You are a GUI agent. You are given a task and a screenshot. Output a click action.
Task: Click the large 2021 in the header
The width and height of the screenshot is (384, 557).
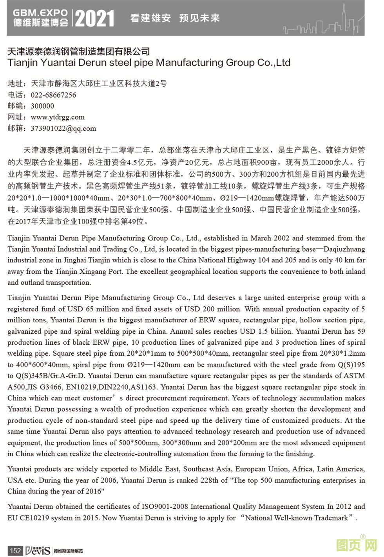(x=94, y=18)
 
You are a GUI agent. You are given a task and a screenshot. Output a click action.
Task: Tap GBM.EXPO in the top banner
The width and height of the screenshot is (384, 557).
(x=40, y=13)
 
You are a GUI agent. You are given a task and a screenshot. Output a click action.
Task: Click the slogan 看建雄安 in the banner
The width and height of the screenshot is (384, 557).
(x=150, y=18)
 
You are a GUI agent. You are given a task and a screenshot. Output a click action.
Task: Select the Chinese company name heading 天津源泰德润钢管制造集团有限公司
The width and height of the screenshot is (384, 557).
(x=79, y=51)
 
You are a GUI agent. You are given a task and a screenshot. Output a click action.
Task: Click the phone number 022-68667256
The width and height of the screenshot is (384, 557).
(x=53, y=95)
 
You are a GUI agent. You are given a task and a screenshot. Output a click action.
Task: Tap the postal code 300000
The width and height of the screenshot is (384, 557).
(x=42, y=106)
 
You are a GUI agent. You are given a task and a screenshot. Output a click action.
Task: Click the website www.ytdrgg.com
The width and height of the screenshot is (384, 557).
(x=58, y=117)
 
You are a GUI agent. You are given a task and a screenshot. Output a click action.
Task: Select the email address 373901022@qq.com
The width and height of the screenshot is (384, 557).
(x=63, y=128)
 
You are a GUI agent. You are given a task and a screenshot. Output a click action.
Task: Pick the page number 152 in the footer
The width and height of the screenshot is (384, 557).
(x=15, y=550)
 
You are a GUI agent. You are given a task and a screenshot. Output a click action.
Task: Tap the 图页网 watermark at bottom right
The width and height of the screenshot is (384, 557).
(x=356, y=545)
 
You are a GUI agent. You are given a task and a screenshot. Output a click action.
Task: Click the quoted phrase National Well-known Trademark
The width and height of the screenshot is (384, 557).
(x=297, y=518)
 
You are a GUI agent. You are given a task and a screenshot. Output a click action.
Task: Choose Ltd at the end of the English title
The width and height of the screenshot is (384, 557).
(x=283, y=63)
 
